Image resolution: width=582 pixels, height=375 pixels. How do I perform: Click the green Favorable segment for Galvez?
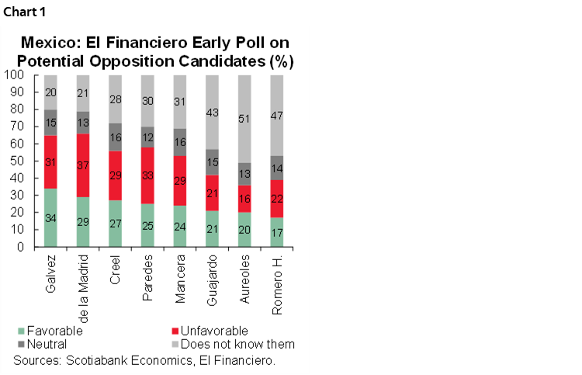[50, 217]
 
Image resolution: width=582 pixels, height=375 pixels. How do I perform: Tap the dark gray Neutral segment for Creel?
[115, 137]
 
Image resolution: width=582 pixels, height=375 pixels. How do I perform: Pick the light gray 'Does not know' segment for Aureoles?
[244, 119]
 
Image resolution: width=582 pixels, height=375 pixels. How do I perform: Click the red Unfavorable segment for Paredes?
[147, 175]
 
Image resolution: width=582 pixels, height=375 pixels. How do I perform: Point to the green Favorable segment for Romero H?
[276, 232]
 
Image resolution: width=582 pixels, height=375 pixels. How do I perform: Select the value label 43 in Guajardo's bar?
[212, 113]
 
